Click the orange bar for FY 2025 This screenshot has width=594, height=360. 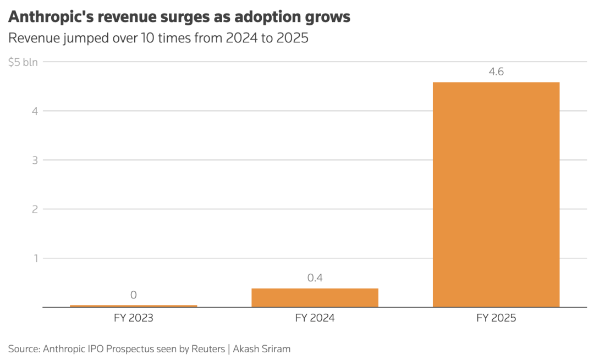[496, 195]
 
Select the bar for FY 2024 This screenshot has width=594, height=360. [315, 297]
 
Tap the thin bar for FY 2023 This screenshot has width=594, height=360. [133, 306]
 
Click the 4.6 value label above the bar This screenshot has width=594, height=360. [496, 71]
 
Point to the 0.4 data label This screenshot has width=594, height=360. [315, 278]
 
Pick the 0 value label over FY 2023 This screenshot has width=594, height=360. [133, 295]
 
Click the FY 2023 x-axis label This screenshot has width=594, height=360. [133, 318]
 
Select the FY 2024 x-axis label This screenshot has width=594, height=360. [315, 318]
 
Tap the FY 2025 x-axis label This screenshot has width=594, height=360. [496, 318]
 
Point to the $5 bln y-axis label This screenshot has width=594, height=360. [23, 62]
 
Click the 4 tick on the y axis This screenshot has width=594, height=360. [35, 111]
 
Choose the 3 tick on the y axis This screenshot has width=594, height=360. [35, 160]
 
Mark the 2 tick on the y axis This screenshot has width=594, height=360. [35, 209]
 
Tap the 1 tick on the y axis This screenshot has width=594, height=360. [36, 258]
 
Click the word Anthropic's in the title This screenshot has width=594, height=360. [51, 17]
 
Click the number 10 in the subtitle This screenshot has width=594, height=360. [147, 38]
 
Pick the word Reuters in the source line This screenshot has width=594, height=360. [208, 348]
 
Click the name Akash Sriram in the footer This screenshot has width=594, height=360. [262, 348]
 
